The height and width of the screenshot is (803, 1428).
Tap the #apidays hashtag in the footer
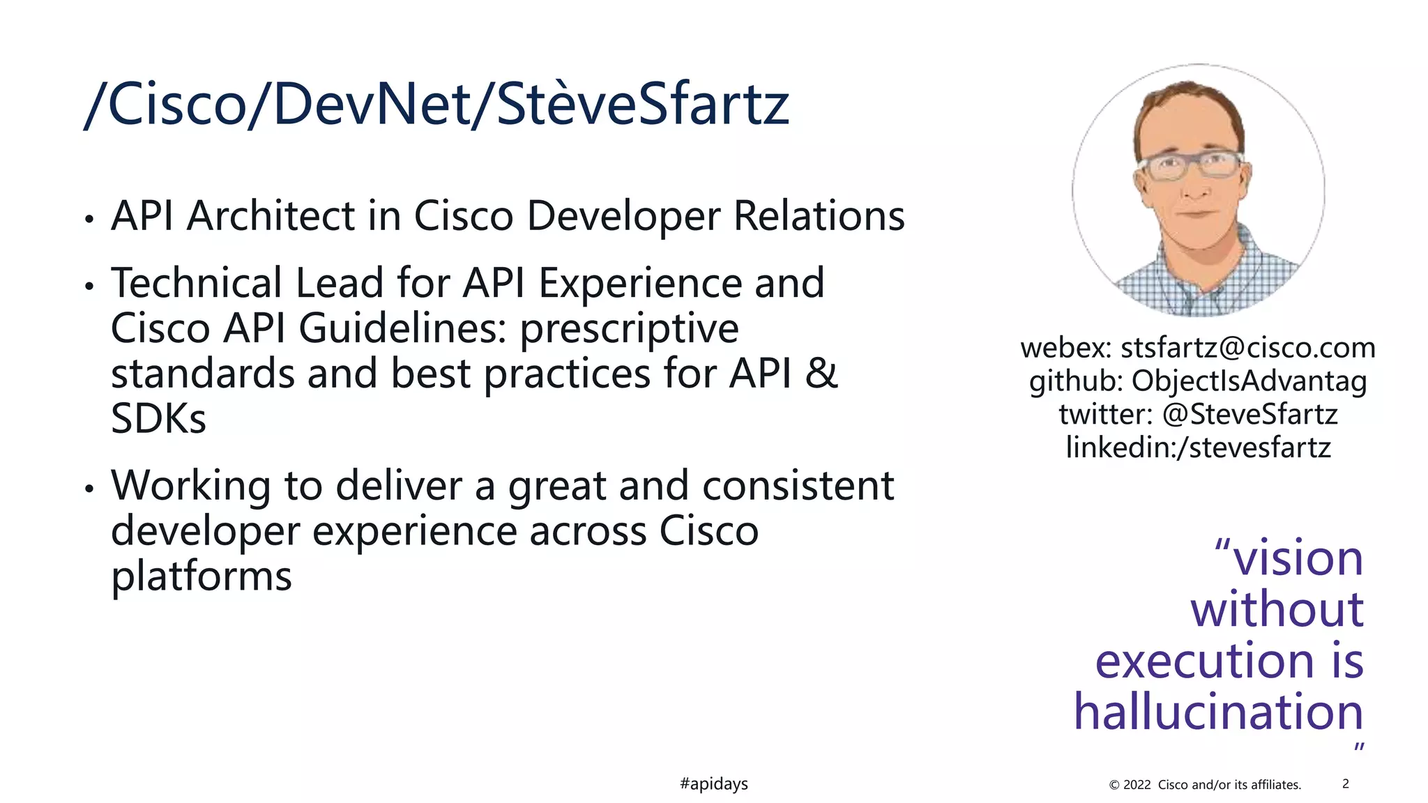click(713, 783)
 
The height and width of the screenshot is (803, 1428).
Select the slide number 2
click(1345, 783)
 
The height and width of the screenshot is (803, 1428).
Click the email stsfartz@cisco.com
click(1247, 347)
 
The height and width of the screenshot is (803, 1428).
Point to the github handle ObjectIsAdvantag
click(1248, 381)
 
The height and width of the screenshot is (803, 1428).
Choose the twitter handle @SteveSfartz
click(1249, 414)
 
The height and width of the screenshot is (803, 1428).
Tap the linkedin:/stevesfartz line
click(1198, 447)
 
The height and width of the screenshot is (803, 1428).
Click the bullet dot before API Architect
click(89, 220)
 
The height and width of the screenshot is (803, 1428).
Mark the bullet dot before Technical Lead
click(89, 286)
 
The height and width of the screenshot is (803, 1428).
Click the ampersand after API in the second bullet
click(821, 373)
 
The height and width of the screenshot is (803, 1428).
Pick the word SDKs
click(158, 418)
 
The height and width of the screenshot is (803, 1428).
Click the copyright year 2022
click(1137, 784)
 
